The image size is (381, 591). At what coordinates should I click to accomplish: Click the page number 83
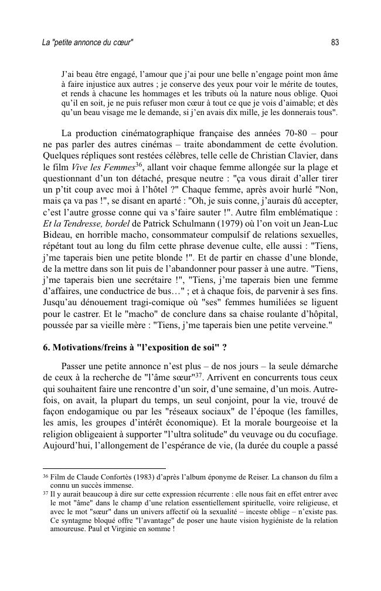(335, 43)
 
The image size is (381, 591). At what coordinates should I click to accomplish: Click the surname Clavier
(300, 155)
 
